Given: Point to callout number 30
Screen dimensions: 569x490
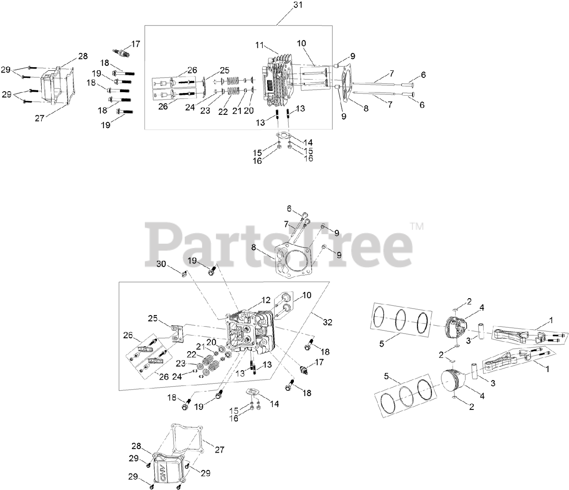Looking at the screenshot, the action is coord(161,264).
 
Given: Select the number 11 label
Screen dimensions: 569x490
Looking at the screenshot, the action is coord(260,45).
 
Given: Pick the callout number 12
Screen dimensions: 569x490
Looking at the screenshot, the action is coord(266,300).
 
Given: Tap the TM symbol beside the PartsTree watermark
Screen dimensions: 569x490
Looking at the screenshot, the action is coord(417,227).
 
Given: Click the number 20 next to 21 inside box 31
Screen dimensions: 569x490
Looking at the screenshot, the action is coord(248,111).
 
